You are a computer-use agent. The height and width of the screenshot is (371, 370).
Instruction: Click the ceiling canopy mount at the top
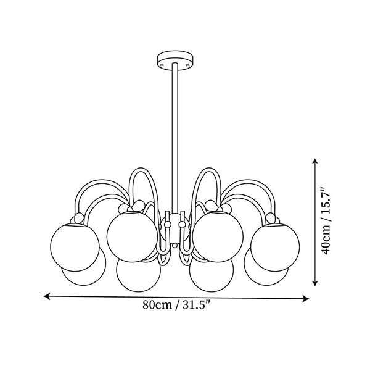pyautogui.click(x=175, y=60)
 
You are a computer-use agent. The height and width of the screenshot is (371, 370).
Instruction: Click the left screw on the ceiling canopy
pyautogui.click(x=162, y=65)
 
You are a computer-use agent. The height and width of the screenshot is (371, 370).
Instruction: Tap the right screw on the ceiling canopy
pyautogui.click(x=188, y=65)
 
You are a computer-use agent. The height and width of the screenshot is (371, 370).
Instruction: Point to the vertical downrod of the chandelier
pyautogui.click(x=175, y=138)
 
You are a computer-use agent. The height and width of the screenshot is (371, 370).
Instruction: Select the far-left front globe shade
pyautogui.click(x=75, y=248)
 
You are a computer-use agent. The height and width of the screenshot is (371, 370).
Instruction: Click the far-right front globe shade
pyautogui.click(x=275, y=248)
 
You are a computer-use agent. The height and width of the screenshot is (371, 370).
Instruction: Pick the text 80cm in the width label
pyautogui.click(x=157, y=305)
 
